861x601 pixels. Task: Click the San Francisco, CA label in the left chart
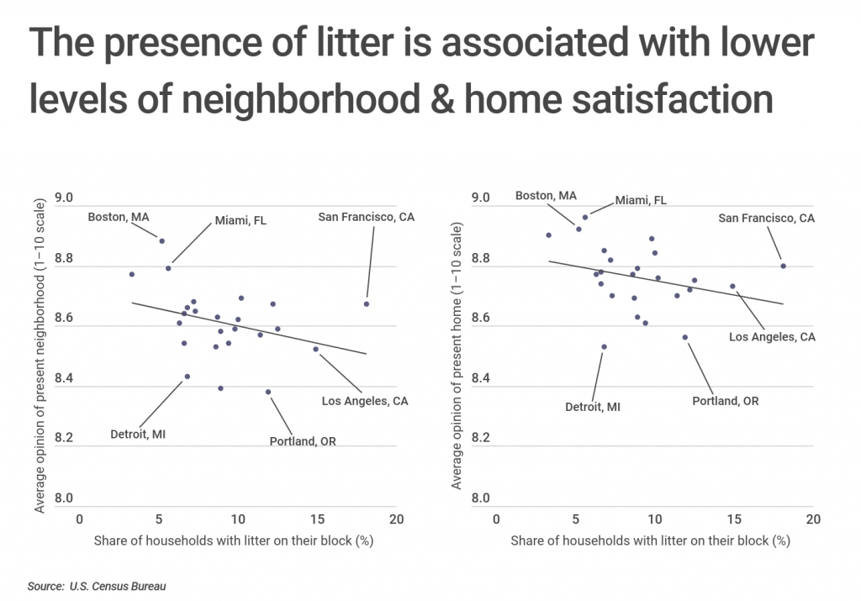click(x=366, y=217)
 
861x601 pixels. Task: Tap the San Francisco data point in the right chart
click(x=783, y=266)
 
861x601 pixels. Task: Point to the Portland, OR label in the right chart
click(x=725, y=401)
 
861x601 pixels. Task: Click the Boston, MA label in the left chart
click(x=119, y=217)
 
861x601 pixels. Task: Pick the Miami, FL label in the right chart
click(x=641, y=200)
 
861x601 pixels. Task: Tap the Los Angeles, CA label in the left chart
click(x=365, y=401)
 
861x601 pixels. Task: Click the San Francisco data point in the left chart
click(x=367, y=303)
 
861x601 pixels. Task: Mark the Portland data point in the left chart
click(x=268, y=392)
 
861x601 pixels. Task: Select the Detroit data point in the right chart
click(x=604, y=346)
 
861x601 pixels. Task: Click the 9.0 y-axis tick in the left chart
click(x=64, y=198)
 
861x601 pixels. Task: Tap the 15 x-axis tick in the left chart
click(x=317, y=519)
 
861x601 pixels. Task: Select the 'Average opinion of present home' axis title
click(x=457, y=356)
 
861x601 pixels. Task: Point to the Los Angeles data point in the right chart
click(x=732, y=286)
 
